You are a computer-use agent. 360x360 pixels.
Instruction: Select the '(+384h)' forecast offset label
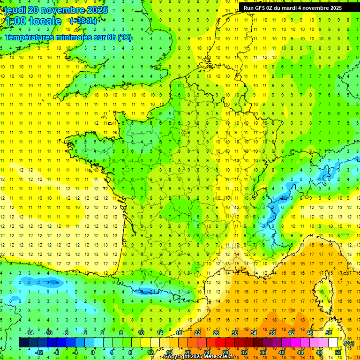(x=83, y=21)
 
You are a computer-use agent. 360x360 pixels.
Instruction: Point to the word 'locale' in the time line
(x=45, y=21)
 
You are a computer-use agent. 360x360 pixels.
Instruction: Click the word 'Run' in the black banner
(x=249, y=8)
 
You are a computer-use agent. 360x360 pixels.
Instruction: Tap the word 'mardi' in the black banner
(x=291, y=8)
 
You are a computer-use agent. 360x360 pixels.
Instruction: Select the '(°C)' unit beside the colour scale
(x=349, y=343)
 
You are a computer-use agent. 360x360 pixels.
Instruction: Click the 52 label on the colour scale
(x=337, y=352)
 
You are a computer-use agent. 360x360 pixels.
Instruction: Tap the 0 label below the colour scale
(x=93, y=352)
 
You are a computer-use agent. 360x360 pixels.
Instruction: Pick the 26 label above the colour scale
(x=216, y=333)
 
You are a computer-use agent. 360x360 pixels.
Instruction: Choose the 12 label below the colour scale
(x=150, y=352)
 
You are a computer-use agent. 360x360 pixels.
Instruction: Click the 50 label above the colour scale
(x=328, y=333)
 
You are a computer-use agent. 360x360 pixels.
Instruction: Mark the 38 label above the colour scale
(x=272, y=333)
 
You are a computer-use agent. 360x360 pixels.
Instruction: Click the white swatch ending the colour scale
(x=333, y=343)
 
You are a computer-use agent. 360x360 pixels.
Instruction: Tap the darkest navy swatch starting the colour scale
(x=23, y=343)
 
